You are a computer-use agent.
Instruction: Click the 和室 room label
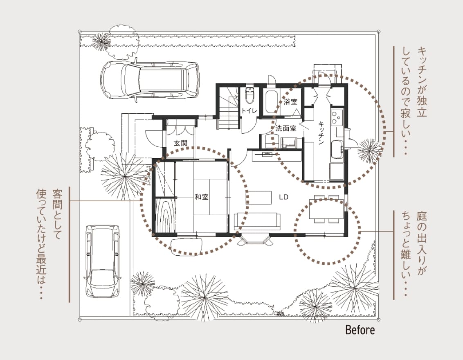click(201, 197)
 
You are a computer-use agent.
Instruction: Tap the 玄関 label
click(180, 143)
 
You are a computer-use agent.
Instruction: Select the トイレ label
click(249, 111)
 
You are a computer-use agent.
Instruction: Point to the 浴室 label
click(290, 102)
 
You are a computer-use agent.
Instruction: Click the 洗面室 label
click(285, 128)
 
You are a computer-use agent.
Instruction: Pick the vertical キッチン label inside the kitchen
click(321, 133)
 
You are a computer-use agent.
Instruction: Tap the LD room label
click(283, 197)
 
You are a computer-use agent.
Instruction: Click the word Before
click(360, 330)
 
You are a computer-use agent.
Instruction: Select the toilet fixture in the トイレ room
click(249, 95)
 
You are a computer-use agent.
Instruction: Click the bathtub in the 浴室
click(271, 102)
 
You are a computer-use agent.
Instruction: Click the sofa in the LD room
click(257, 221)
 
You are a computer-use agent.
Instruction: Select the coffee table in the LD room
click(258, 198)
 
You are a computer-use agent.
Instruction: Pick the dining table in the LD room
click(326, 209)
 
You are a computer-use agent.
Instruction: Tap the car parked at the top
click(150, 80)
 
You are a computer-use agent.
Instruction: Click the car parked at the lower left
click(103, 262)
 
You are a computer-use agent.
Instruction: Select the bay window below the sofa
click(254, 239)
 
